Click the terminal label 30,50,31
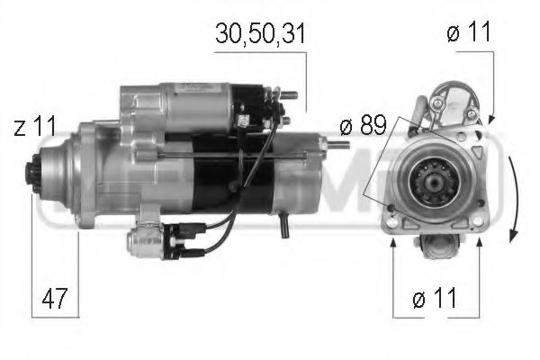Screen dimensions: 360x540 click(260, 34)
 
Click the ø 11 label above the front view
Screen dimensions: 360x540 click(469, 34)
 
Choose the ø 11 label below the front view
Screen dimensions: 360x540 click(435, 298)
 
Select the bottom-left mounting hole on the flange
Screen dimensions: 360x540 click(393, 211)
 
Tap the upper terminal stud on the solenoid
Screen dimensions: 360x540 click(289, 93)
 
